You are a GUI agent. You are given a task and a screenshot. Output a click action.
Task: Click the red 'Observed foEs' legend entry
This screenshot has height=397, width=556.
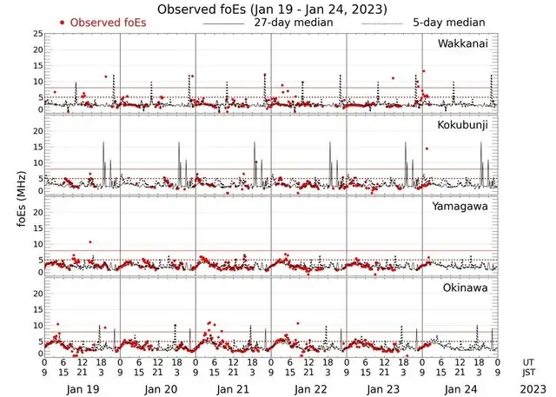coord(107,22)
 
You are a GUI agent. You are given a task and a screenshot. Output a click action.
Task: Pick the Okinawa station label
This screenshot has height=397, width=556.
coord(467,287)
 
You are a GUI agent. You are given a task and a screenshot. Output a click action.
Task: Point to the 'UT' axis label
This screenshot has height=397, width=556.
coord(529,361)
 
